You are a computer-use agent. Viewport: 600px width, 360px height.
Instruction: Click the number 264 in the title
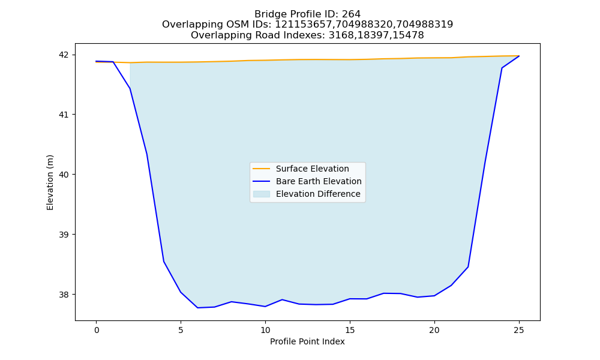351,14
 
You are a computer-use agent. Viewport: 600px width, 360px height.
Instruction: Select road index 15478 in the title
407,35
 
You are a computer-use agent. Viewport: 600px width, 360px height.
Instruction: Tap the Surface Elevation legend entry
301,169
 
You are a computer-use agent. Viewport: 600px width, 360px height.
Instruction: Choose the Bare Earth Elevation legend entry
307,181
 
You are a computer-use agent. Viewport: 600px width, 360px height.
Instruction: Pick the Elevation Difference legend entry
307,194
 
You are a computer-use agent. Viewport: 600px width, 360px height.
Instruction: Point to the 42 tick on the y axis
64,55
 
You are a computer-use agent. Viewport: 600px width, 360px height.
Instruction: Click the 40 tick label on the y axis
64,175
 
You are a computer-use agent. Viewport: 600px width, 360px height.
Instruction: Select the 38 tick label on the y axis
64,295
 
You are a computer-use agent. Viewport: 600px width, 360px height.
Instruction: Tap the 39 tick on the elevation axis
64,235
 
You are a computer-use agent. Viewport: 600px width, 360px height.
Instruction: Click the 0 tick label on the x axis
97,330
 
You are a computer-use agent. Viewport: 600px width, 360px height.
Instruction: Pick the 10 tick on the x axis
265,330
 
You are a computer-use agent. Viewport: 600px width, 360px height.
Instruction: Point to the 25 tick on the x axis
519,330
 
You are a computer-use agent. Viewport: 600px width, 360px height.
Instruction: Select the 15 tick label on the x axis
350,330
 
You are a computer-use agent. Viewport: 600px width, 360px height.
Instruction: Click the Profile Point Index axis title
307,341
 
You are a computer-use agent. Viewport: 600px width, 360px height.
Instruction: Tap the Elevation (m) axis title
50,182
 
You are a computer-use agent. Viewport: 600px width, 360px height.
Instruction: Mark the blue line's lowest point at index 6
197,308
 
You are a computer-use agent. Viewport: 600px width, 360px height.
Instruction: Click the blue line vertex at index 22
468,266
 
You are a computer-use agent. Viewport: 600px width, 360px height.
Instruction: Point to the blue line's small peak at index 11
282,299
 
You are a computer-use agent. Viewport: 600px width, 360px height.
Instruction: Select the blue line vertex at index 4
164,262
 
